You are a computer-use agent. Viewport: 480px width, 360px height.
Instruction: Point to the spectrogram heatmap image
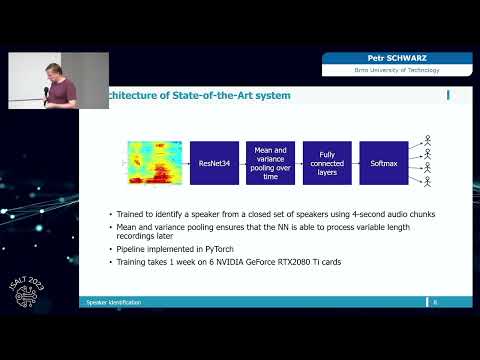156,162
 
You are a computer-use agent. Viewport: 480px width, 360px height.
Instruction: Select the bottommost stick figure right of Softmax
428,184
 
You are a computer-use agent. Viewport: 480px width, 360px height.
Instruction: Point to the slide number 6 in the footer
436,301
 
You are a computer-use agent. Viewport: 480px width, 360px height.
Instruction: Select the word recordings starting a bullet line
138,238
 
